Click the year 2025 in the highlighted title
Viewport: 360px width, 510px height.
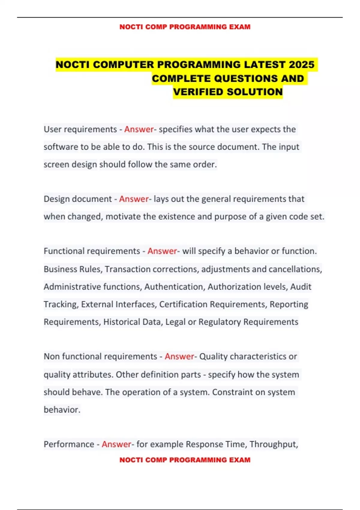[301, 64]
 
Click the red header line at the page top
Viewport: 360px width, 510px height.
[185, 27]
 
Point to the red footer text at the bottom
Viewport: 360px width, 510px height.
[185, 460]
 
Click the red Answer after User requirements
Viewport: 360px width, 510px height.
[139, 129]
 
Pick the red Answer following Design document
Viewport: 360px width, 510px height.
[134, 199]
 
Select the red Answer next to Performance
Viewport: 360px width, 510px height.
[116, 444]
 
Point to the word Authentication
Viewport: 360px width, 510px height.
[174, 287]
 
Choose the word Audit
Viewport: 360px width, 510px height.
[301, 287]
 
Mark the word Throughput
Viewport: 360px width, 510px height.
[273, 444]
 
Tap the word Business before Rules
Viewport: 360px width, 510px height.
[57, 269]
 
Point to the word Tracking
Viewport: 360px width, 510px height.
[61, 304]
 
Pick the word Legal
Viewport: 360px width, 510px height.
[175, 322]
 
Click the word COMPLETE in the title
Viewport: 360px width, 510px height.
[181, 79]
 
